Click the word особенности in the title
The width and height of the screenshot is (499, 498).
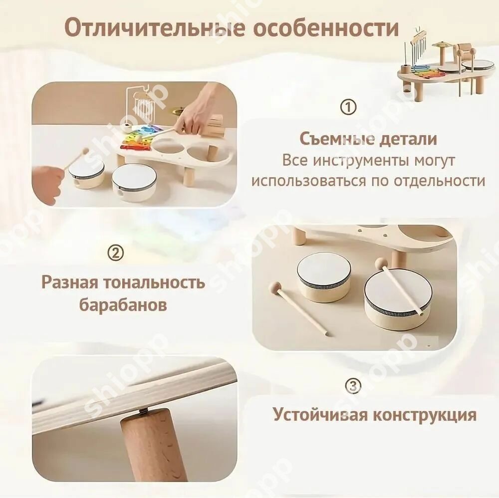click(325, 28)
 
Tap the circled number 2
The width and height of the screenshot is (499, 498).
click(116, 253)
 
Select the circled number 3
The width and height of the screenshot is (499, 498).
click(353, 386)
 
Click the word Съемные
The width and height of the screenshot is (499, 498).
click(333, 139)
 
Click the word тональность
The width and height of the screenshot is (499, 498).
click(151, 282)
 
